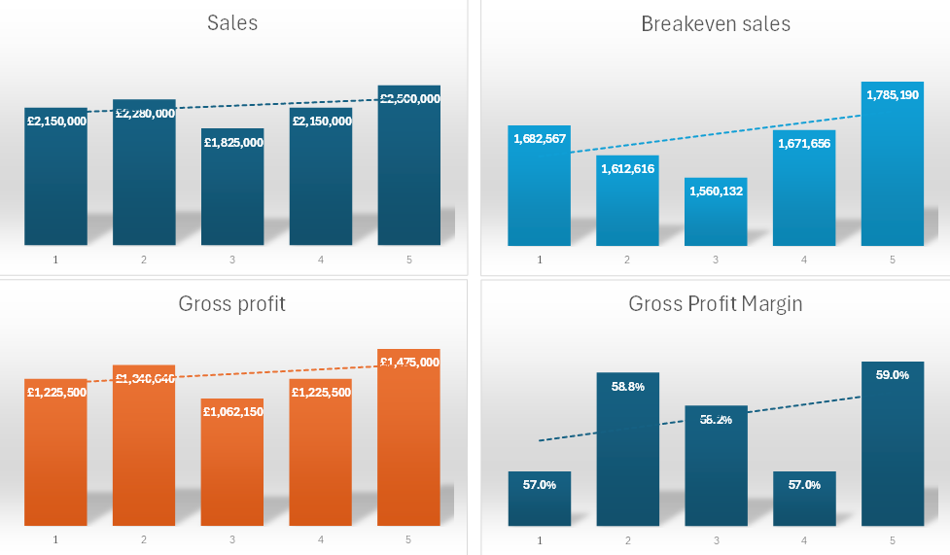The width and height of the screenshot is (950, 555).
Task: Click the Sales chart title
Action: point(232,22)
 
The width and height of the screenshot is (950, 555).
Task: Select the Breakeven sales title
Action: point(716,24)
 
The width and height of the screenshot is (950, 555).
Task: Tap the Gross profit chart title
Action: point(232,304)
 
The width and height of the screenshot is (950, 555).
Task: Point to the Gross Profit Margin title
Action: point(716,304)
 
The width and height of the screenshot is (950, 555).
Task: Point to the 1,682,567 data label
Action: point(540,139)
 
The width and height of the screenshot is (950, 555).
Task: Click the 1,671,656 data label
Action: point(804,144)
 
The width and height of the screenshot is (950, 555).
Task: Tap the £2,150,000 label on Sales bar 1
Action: point(56,121)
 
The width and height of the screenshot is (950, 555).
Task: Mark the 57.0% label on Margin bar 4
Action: point(804,485)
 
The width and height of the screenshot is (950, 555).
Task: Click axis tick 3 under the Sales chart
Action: point(232,260)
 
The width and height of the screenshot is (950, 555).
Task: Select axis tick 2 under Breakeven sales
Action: point(628,260)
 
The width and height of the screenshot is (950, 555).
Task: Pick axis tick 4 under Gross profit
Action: point(321,539)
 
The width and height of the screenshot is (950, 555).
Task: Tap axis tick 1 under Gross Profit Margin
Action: point(540,539)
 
